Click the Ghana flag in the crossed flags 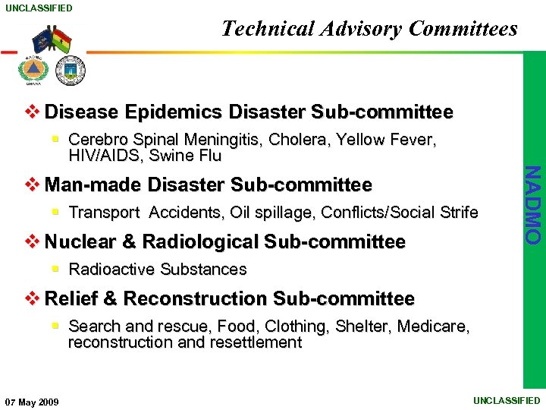[61, 40]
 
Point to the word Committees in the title [463, 29]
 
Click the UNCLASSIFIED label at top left [39, 8]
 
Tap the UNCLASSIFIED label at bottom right [507, 400]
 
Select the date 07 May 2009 [32, 402]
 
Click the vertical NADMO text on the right [534, 204]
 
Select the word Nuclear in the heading [80, 241]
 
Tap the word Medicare [433, 326]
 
